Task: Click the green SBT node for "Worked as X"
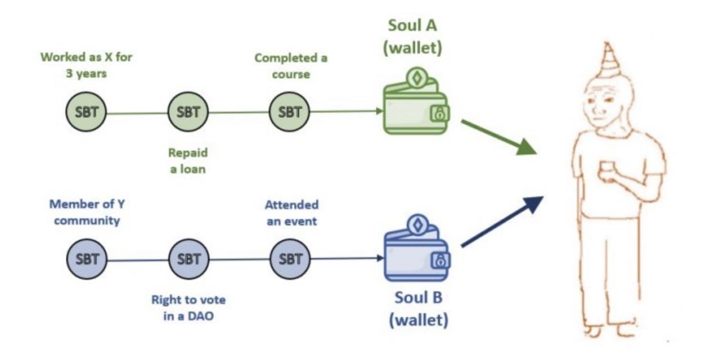[86, 112]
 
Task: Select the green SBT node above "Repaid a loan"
[188, 112]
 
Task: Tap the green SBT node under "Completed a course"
[290, 112]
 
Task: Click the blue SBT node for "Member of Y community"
[86, 259]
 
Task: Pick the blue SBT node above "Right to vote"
[188, 259]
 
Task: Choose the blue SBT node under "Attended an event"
[290, 259]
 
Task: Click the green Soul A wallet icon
[416, 104]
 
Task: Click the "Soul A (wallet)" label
[412, 37]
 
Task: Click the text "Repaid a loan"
[188, 160]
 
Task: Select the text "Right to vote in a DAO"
[188, 308]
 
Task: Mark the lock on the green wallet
[439, 114]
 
